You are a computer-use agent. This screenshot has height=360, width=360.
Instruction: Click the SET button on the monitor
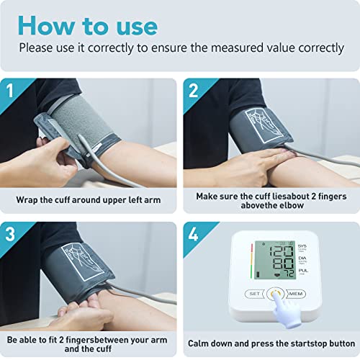(254, 294)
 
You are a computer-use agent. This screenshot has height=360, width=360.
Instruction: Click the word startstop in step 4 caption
(294, 343)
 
